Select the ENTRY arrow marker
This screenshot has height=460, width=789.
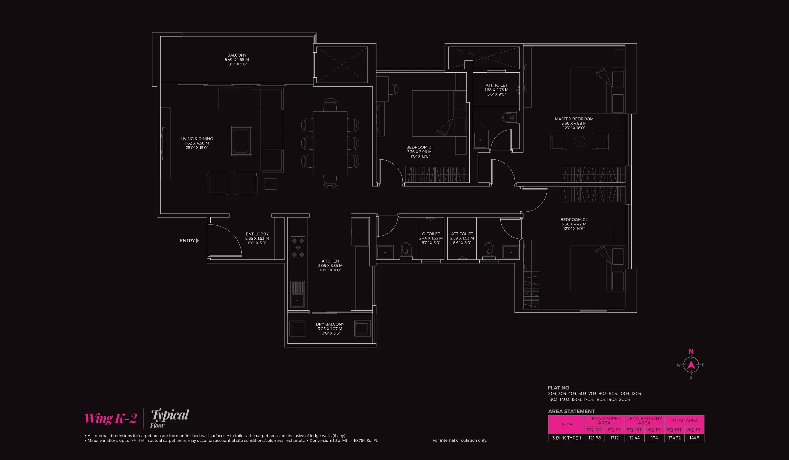coord(197,241)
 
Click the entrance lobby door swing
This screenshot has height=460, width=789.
coord(227,239)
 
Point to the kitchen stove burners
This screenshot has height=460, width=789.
coord(298,248)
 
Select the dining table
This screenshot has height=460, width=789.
coord(330,143)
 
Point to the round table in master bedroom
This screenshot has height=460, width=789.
coord(579,141)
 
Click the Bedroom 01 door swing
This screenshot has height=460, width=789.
coord(391,171)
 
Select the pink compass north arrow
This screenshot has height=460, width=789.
coord(691,364)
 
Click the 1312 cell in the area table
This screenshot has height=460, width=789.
coord(614,438)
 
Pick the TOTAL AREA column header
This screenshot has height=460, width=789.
coord(684,420)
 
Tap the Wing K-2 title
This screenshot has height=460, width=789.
coord(110,418)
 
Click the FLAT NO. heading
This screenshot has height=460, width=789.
coord(559,388)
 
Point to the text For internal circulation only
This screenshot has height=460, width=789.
coord(460,440)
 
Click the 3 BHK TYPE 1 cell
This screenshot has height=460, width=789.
coord(566,438)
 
